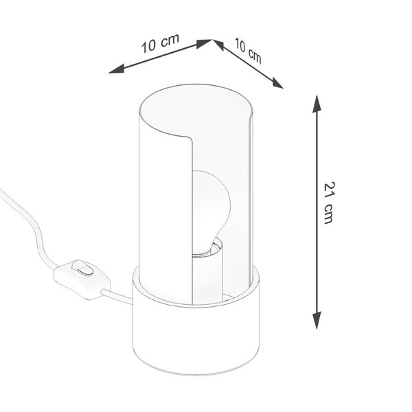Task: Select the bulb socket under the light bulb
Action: coord(209,268)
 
